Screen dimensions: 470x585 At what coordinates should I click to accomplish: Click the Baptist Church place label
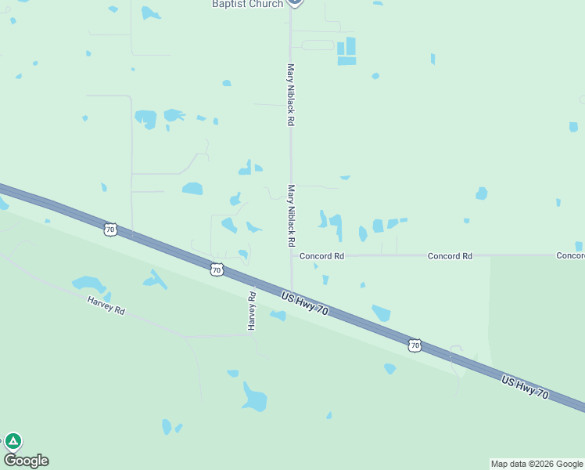click(247, 4)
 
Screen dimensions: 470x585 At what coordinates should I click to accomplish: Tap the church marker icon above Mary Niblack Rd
click(294, 2)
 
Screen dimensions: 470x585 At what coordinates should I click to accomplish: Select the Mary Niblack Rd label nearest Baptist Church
click(291, 95)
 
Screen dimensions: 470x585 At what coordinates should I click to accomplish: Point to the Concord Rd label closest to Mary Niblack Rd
click(322, 256)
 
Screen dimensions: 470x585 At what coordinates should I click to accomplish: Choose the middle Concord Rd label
click(450, 256)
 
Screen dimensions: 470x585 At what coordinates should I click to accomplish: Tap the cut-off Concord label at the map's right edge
click(570, 256)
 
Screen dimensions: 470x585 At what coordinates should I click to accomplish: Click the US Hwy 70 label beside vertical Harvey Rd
click(304, 302)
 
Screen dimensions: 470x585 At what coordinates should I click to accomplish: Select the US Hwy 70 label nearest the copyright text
click(525, 387)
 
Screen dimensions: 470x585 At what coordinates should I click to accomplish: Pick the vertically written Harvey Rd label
click(252, 310)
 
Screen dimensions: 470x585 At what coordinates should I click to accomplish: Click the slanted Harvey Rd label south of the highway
click(106, 305)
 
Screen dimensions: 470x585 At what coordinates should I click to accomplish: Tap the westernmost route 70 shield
click(110, 230)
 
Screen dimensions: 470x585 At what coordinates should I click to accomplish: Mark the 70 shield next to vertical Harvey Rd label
click(217, 269)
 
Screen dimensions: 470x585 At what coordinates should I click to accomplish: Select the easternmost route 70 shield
click(415, 345)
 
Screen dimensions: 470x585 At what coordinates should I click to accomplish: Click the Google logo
click(26, 461)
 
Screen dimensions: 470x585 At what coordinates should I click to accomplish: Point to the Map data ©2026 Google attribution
click(537, 464)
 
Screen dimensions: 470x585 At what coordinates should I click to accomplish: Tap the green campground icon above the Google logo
click(13, 441)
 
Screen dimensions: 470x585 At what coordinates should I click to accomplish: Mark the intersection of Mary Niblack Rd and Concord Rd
click(291, 256)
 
